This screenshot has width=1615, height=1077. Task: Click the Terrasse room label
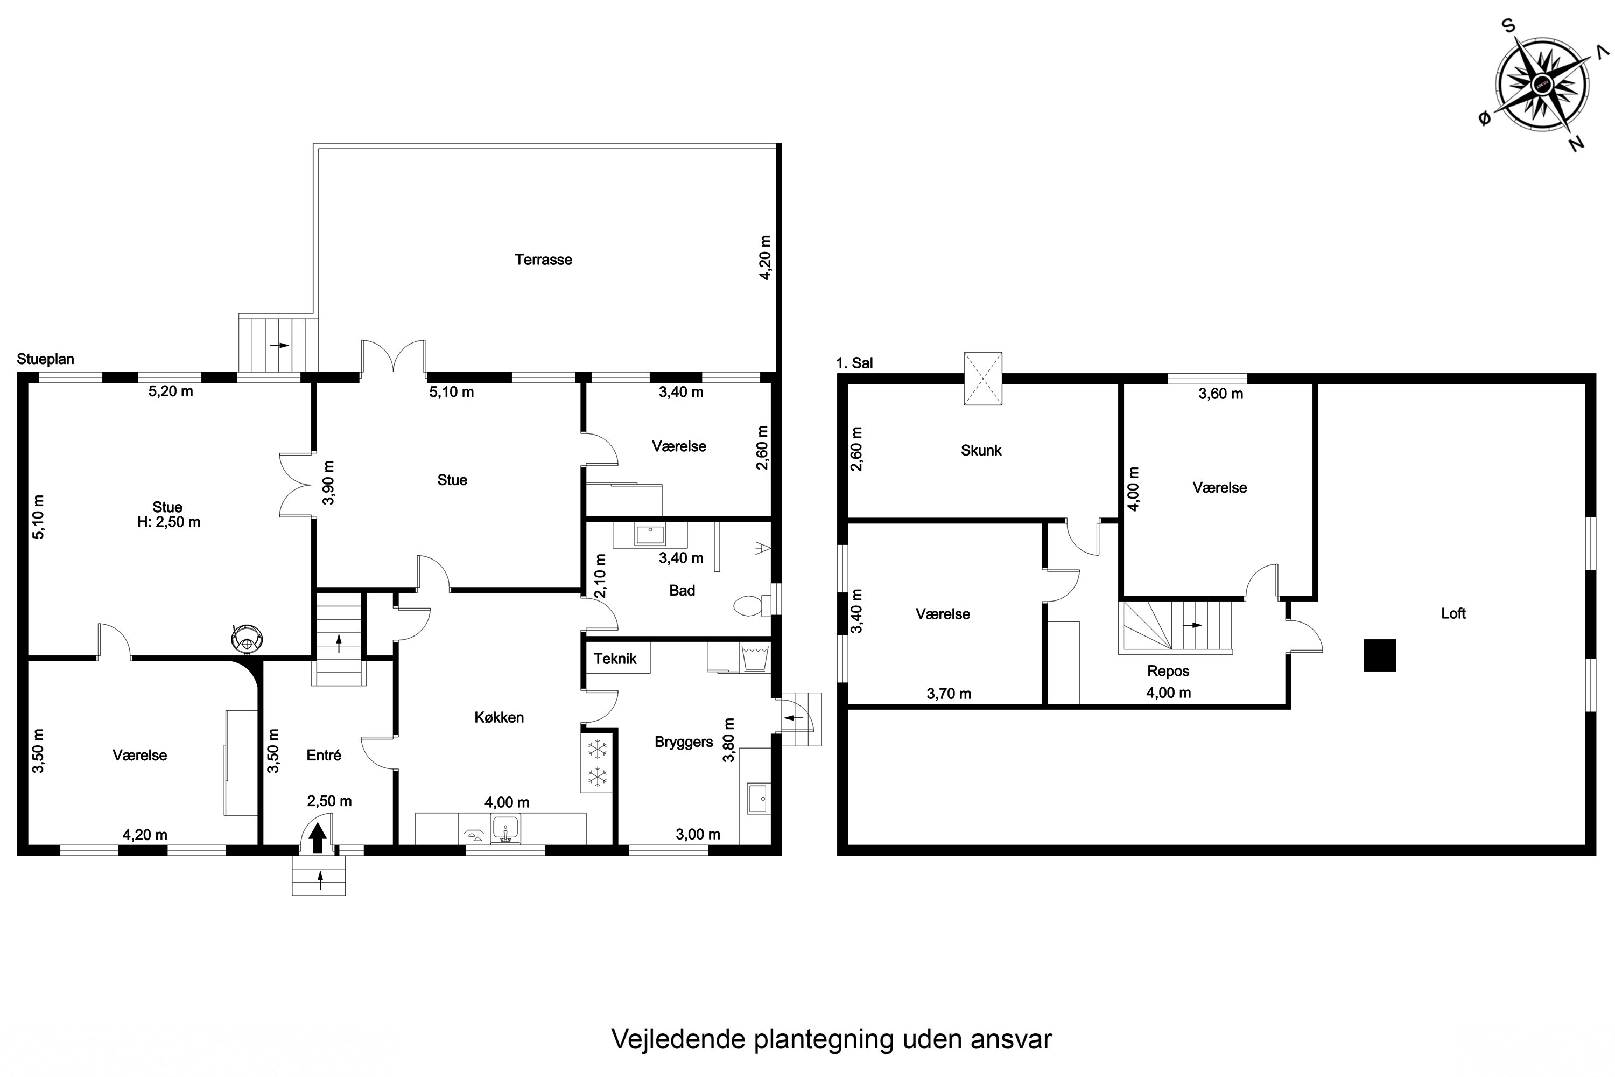pyautogui.click(x=543, y=260)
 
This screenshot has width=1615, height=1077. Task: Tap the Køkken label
pyautogui.click(x=499, y=717)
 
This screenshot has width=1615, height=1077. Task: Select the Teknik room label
pyautogui.click(x=615, y=659)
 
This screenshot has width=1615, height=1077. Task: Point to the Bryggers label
pyautogui.click(x=684, y=742)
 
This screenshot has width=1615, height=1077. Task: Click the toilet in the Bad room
pyautogui.click(x=748, y=606)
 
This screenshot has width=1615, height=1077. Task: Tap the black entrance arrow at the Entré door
pyautogui.click(x=317, y=838)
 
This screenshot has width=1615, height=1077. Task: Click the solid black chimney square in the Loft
pyautogui.click(x=1379, y=655)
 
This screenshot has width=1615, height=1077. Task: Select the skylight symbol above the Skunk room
pyautogui.click(x=982, y=379)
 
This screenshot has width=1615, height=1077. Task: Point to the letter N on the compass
pyautogui.click(x=1577, y=143)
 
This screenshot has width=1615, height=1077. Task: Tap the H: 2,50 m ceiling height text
pyautogui.click(x=169, y=522)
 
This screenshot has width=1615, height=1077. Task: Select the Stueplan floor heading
pyautogui.click(x=45, y=359)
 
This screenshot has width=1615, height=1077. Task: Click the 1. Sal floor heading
pyautogui.click(x=854, y=362)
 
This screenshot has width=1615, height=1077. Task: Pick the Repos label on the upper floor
pyautogui.click(x=1168, y=671)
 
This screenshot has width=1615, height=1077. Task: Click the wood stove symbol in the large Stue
pyautogui.click(x=247, y=638)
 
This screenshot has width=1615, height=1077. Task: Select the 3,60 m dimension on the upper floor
pyautogui.click(x=1221, y=394)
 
